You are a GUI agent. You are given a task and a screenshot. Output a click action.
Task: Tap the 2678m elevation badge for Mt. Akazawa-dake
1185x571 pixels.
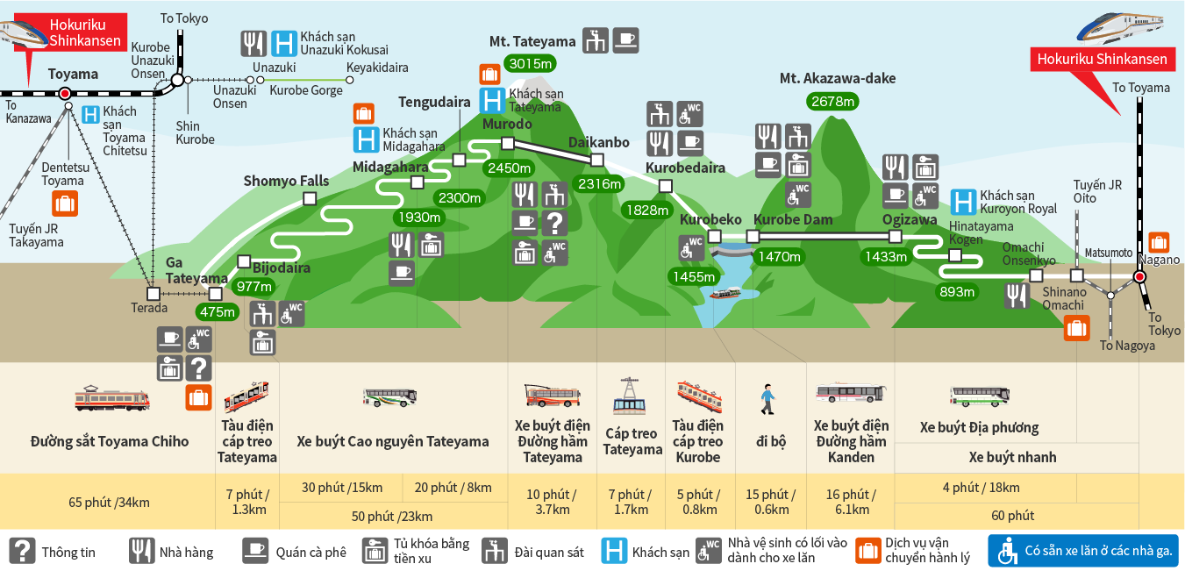click(x=832, y=101)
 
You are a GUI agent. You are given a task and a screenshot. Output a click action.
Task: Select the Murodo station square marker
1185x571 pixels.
click(x=507, y=143)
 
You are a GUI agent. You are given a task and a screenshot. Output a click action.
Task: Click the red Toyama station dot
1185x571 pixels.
click(x=65, y=93)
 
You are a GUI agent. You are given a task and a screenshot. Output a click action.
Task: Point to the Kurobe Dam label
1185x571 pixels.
click(x=793, y=219)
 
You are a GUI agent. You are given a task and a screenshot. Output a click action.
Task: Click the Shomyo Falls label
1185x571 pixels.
click(x=286, y=181)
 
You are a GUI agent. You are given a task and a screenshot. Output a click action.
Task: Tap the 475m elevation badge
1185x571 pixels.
click(x=217, y=311)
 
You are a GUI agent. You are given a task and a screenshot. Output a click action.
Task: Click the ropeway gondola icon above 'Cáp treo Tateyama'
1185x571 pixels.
click(x=630, y=396)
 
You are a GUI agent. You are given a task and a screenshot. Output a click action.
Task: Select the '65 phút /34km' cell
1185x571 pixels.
click(x=109, y=503)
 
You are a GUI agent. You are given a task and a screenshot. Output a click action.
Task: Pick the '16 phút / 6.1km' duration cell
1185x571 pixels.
click(x=852, y=502)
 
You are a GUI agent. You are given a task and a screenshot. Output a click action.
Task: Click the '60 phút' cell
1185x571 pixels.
click(x=1013, y=515)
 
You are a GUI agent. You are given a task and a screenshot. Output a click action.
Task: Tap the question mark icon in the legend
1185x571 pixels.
click(x=22, y=551)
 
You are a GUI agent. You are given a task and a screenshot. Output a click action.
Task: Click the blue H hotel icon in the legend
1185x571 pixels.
click(x=614, y=551)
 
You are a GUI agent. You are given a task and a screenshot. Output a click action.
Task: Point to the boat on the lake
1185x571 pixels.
click(x=725, y=293)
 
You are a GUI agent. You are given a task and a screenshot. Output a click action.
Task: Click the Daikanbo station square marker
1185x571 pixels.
click(x=597, y=160)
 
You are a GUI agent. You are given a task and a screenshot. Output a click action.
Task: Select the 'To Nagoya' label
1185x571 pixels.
click(x=1127, y=346)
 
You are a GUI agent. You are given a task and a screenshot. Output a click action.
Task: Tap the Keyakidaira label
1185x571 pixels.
click(x=377, y=68)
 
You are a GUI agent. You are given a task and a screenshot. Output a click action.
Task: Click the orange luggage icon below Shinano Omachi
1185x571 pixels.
click(x=1076, y=328)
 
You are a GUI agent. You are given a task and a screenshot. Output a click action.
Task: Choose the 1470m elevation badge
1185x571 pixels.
click(x=780, y=257)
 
